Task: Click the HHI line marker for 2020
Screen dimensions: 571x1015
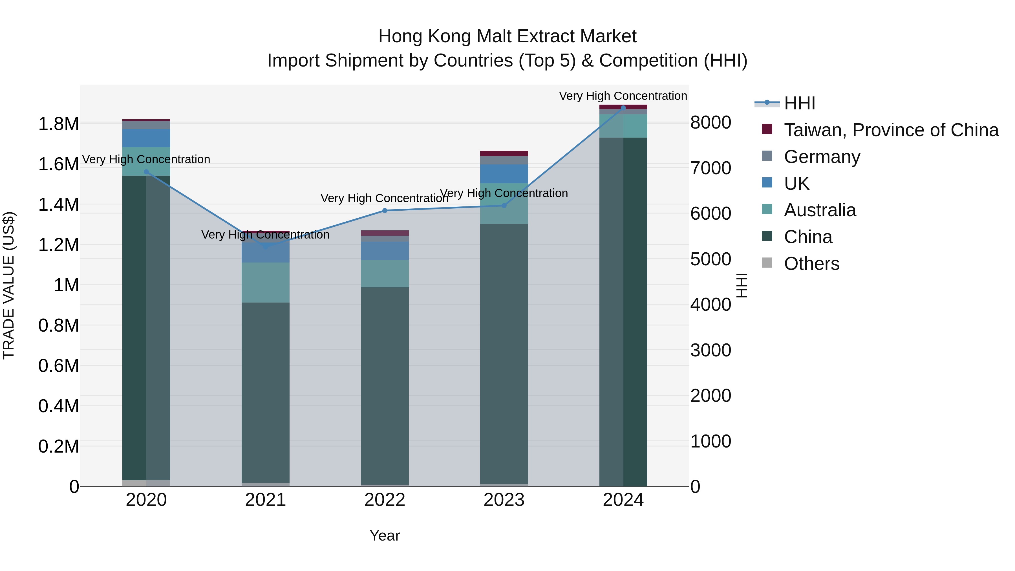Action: [x=146, y=172]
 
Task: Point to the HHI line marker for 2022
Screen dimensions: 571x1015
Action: [x=385, y=210]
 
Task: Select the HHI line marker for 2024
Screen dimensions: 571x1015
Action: [x=623, y=108]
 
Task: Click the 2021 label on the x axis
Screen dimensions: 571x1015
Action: [x=266, y=500]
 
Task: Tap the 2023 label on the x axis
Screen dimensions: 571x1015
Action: [x=504, y=500]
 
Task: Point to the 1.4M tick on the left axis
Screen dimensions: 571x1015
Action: [x=58, y=204]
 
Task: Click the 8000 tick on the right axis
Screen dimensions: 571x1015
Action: [x=710, y=123]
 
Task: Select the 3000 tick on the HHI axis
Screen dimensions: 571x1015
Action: [x=710, y=350]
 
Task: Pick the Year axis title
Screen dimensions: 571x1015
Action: [x=385, y=535]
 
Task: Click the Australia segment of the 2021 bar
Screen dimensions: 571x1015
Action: [x=266, y=282]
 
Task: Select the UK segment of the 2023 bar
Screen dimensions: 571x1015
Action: [x=504, y=174]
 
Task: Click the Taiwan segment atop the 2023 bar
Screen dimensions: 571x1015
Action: [x=504, y=154]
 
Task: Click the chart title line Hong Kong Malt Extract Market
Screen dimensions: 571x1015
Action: [x=507, y=36]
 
